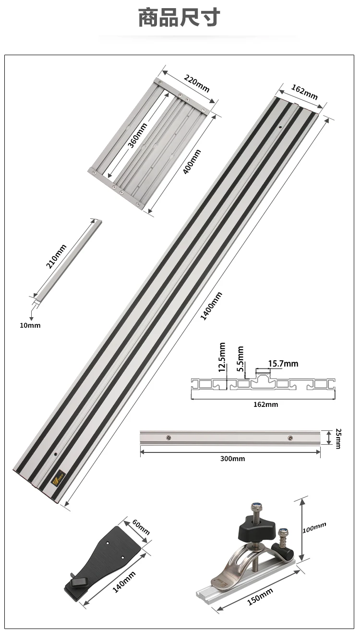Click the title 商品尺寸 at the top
(180, 17)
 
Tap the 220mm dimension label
(196, 83)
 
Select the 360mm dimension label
(137, 135)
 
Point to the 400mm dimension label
(192, 162)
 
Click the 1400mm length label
(211, 306)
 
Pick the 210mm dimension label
(56, 256)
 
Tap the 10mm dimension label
(30, 325)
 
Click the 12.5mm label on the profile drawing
(222, 357)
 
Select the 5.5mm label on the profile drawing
(240, 359)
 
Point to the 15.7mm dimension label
(283, 364)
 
